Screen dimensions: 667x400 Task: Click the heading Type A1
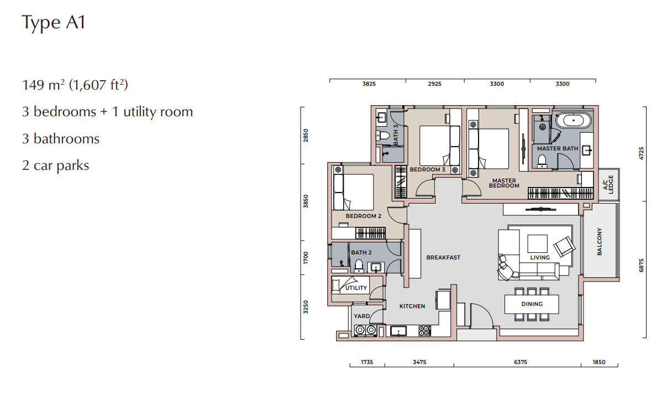tap(54, 22)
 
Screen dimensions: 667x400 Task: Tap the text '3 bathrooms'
tap(61, 139)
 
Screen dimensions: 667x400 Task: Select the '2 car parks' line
tap(56, 165)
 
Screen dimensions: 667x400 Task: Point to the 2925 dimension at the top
tap(434, 84)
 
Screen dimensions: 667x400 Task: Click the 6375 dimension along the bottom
tap(520, 362)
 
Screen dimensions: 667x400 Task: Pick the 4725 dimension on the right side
tap(641, 153)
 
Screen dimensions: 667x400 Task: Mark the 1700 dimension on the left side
tap(306, 258)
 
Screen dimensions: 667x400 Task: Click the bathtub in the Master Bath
tap(573, 121)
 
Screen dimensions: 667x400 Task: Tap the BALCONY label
tap(600, 241)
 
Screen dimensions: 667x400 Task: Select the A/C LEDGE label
tap(608, 185)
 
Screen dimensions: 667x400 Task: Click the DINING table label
tap(532, 304)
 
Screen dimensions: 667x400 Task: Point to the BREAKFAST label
tap(443, 257)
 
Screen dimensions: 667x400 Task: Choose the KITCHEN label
tap(412, 306)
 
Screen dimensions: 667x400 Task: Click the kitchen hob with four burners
tap(424, 331)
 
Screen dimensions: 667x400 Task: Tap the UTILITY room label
tap(356, 288)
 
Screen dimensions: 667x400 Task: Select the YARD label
tap(362, 316)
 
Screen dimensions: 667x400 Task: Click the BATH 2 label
tap(361, 252)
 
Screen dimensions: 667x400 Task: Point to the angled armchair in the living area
tap(564, 247)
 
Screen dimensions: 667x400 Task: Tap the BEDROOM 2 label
tap(363, 216)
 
